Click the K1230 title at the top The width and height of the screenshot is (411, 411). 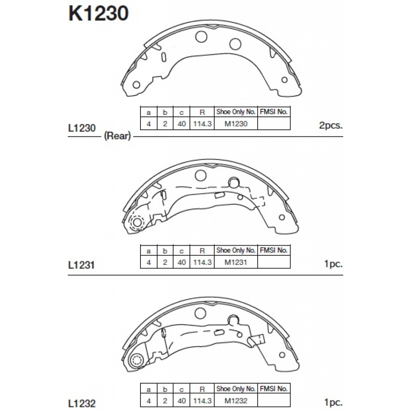99,13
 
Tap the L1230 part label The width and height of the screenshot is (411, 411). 82,128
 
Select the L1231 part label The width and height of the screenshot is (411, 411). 81,265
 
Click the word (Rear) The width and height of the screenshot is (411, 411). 118,136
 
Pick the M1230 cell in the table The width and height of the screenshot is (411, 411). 236,124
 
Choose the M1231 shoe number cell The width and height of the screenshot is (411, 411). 236,262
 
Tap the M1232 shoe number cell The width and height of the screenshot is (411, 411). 236,401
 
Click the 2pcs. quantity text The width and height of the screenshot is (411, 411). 331,126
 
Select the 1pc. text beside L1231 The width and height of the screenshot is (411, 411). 334,264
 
